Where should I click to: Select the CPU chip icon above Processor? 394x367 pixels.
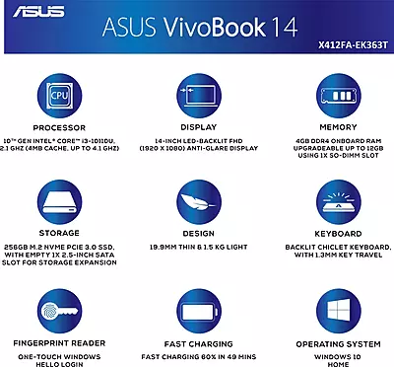tap(59, 97)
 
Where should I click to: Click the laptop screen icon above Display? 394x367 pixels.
tap(197, 97)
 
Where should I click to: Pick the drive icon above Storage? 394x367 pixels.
tap(59, 196)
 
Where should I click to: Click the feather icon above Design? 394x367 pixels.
tap(197, 196)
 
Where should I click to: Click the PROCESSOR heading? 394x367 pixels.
tap(59, 127)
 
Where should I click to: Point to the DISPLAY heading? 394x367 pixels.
tap(197, 127)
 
